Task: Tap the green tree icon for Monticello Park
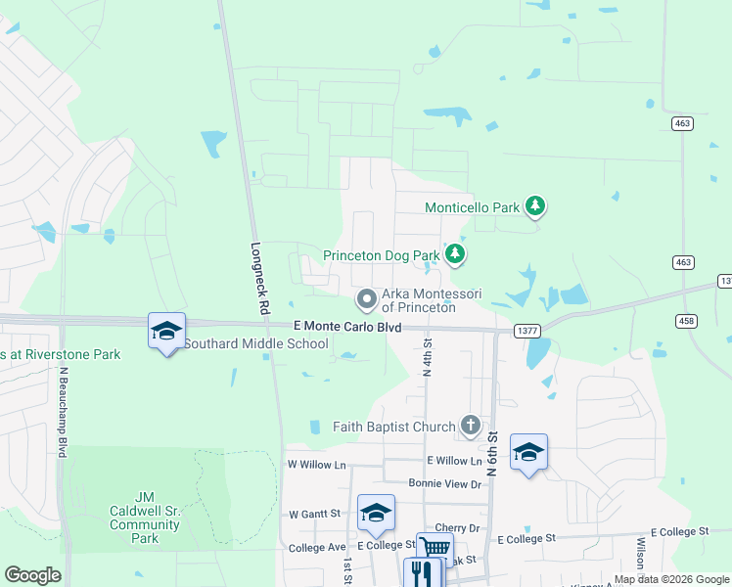pyautogui.click(x=534, y=205)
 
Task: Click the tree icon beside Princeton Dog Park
pyautogui.click(x=454, y=254)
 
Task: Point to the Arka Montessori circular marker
pyautogui.click(x=367, y=297)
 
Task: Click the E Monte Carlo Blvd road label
pyautogui.click(x=347, y=327)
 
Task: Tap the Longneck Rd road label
pyautogui.click(x=259, y=278)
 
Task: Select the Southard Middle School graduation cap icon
pyautogui.click(x=166, y=331)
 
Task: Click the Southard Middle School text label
pyautogui.click(x=256, y=343)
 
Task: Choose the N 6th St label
pyautogui.click(x=492, y=456)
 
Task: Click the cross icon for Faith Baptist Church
pyautogui.click(x=471, y=426)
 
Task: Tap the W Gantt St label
pyautogui.click(x=314, y=513)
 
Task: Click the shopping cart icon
pyautogui.click(x=434, y=547)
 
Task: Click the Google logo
pyautogui.click(x=32, y=575)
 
